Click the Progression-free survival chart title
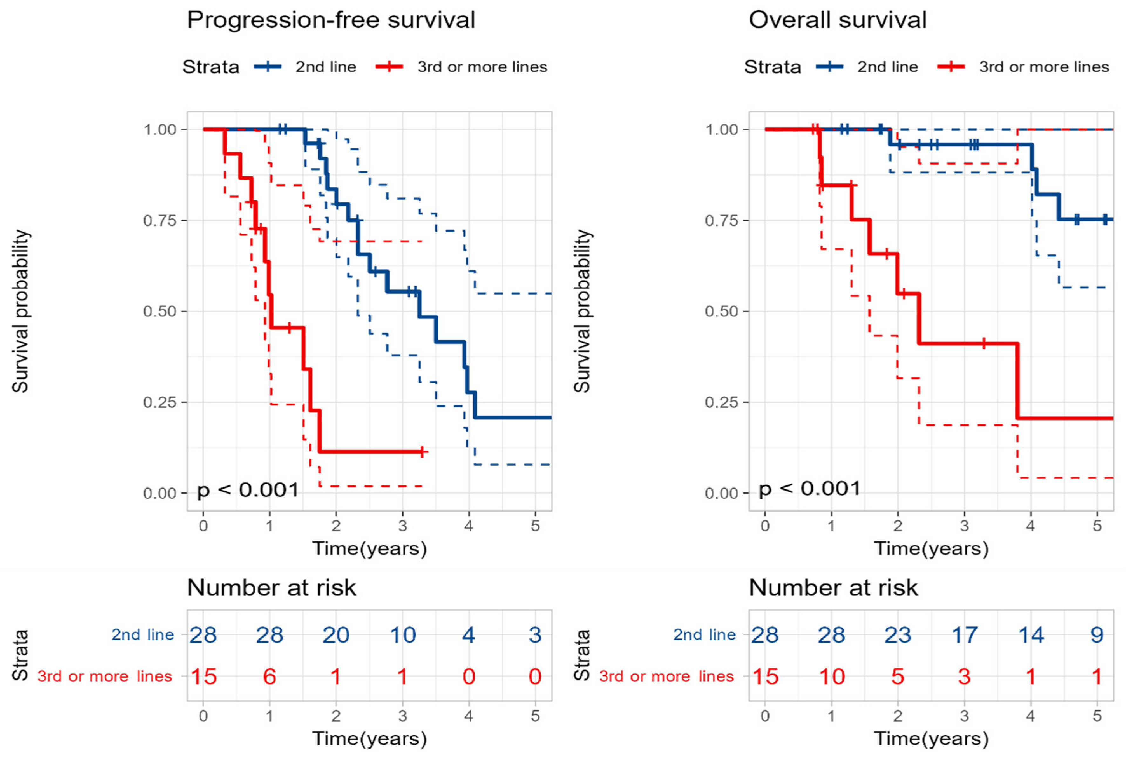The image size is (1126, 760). pos(331,20)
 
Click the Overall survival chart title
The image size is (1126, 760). pos(837,20)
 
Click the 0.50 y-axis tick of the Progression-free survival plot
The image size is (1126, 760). pos(159,311)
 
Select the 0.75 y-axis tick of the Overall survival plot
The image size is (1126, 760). pos(721,221)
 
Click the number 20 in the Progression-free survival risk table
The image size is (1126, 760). pos(336,634)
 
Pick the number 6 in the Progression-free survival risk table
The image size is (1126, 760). pos(269,676)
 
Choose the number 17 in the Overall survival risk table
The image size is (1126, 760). pos(964,634)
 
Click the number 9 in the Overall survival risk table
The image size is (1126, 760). pos(1097,634)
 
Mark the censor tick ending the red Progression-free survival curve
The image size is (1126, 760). pos(422,452)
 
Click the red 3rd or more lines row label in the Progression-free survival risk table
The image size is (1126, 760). pos(105,676)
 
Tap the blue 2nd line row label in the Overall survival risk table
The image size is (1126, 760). pos(704,634)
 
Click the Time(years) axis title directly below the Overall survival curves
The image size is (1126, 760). pos(931,549)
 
